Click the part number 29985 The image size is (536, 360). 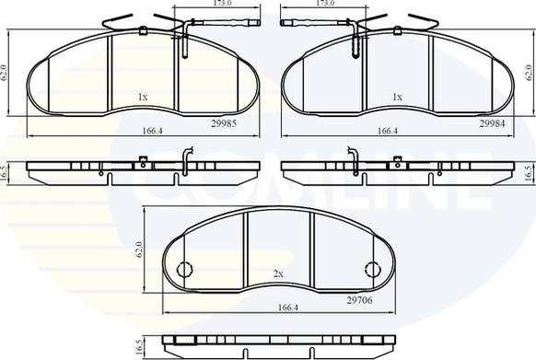click(x=224, y=123)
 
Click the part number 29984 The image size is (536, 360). click(x=492, y=123)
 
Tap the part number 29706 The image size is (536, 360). click(x=359, y=300)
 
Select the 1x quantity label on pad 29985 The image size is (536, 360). click(x=143, y=98)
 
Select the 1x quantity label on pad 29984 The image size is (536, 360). click(x=397, y=98)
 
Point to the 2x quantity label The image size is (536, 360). click(x=278, y=273)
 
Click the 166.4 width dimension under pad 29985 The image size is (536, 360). click(x=153, y=131)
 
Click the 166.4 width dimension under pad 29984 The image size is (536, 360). click(x=388, y=131)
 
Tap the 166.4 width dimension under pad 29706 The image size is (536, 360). click(x=288, y=308)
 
